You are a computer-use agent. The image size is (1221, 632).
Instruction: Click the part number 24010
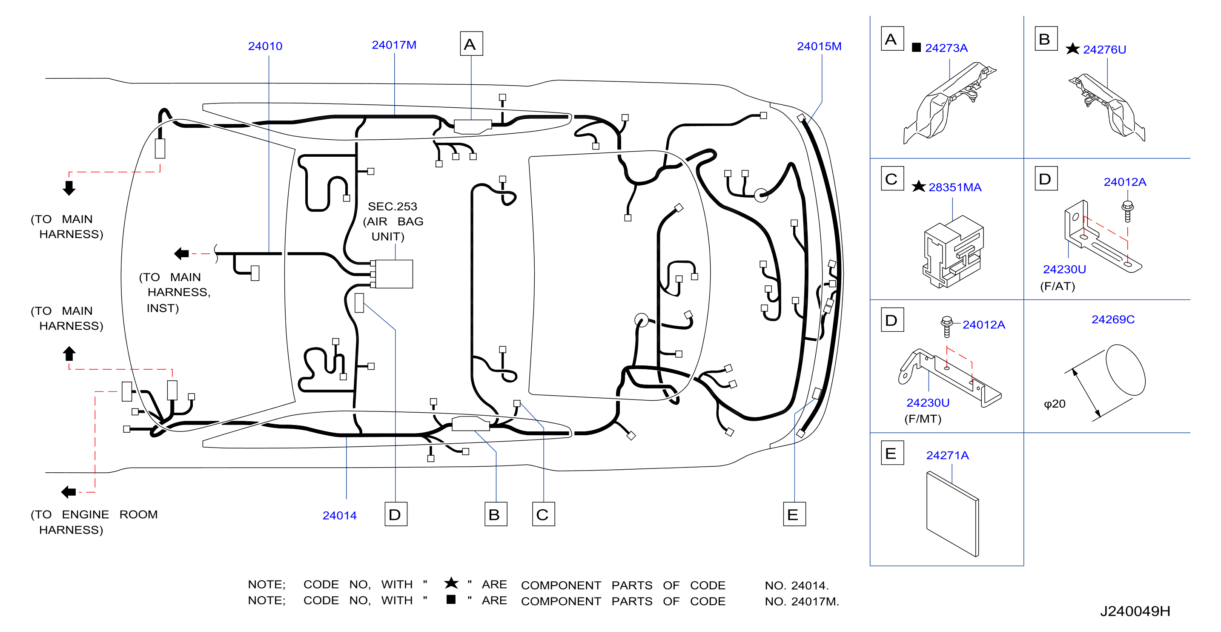[265, 46]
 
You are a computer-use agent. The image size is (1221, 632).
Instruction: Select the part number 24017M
[394, 45]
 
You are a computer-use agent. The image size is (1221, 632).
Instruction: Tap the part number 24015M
[819, 46]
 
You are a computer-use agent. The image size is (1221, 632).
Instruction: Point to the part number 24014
[339, 515]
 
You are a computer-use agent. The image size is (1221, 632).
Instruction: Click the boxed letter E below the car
[794, 514]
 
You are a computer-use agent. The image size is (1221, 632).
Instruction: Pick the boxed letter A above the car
[471, 43]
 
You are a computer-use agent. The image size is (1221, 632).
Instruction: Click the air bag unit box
[393, 273]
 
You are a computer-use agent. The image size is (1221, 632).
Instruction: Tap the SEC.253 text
[393, 206]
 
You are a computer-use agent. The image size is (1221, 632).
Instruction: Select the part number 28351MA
[954, 187]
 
